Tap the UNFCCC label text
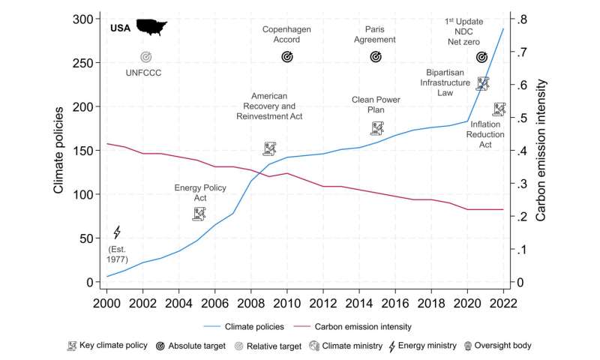pos(143,72)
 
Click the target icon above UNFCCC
pos(145,56)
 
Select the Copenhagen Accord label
pos(286,34)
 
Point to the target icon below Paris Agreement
pos(376,56)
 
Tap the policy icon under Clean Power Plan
pos(377,128)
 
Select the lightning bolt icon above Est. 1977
pos(116,232)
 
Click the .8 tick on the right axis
pos(522,19)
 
